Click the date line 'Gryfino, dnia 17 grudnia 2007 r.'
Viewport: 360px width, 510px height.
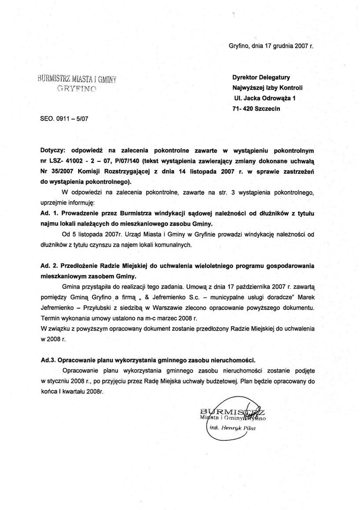pos(270,45)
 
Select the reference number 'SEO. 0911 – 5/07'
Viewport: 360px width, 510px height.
pos(65,119)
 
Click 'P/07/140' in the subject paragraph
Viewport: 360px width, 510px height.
pos(126,160)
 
